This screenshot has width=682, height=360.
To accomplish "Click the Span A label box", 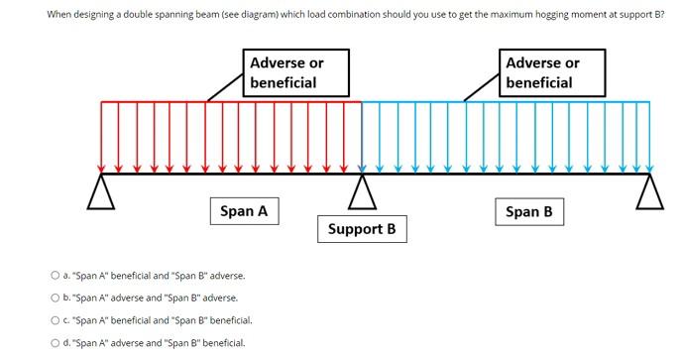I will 244,211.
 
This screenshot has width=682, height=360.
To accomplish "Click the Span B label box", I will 528,211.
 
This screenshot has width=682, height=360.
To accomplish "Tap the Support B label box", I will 361,229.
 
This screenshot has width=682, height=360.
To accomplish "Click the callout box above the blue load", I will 553,72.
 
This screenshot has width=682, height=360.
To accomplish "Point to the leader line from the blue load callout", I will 483,87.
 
